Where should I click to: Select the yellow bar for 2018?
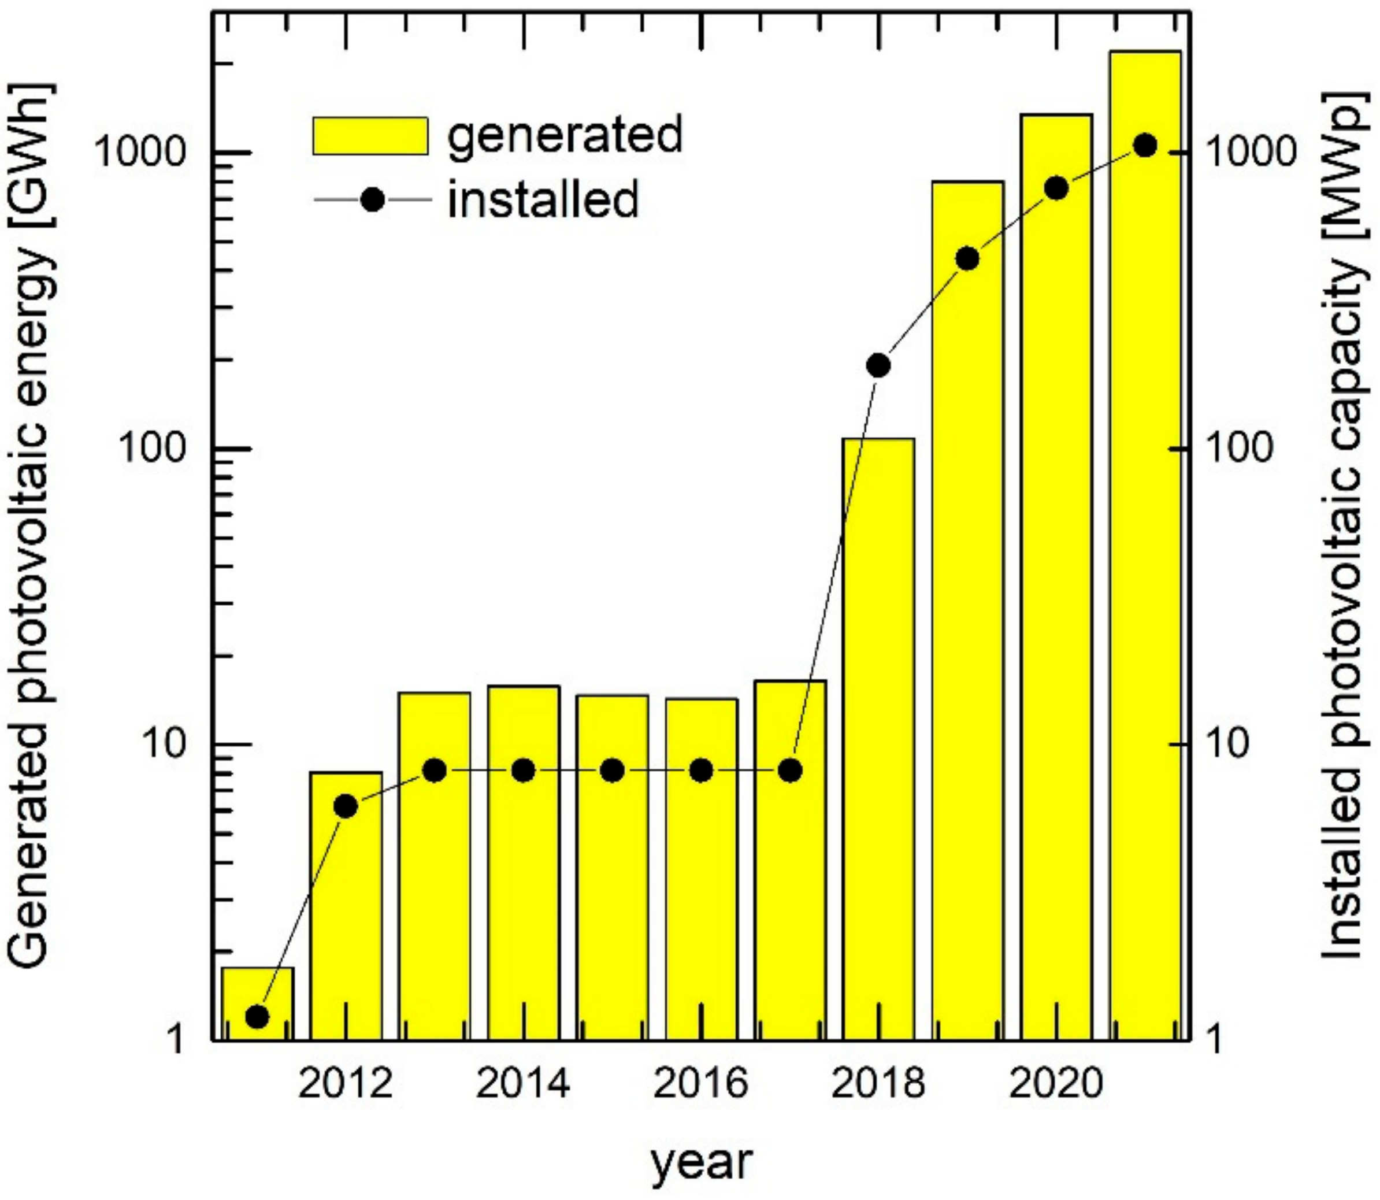878,736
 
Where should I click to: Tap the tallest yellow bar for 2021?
1145,536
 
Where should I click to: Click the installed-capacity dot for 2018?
878,365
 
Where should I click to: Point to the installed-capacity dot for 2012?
346,806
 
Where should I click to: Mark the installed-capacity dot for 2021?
1145,145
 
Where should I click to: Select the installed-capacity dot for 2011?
258,1017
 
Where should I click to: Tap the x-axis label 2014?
523,1083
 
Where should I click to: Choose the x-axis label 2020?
1056,1083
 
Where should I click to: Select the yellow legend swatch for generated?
370,136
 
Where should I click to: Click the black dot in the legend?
372,199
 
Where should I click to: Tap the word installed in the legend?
544,199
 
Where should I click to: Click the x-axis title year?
701,1164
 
